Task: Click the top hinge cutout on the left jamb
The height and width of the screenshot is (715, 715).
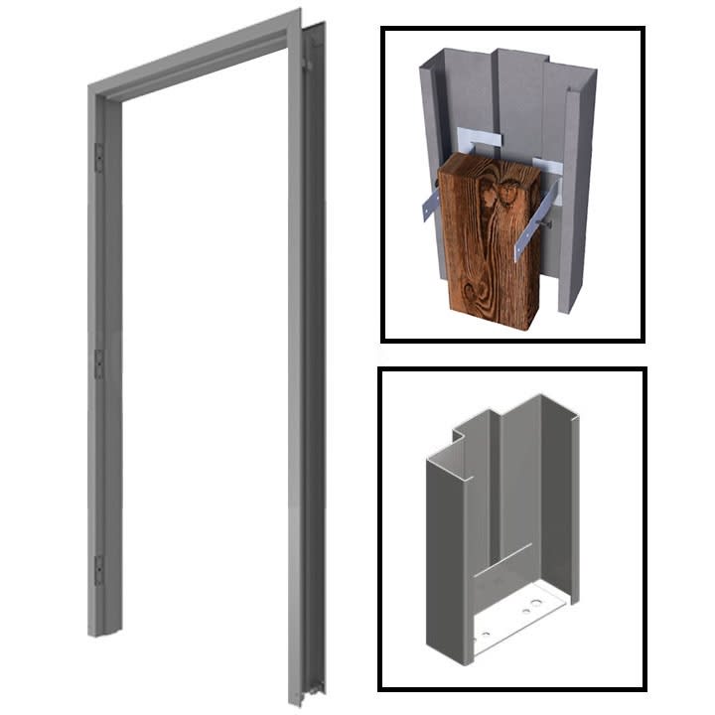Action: (x=99, y=155)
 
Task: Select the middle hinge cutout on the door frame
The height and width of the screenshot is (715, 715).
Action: (x=99, y=363)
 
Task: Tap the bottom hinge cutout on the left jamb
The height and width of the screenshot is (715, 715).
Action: (x=98, y=570)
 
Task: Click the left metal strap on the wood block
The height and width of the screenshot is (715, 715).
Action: (x=430, y=205)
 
